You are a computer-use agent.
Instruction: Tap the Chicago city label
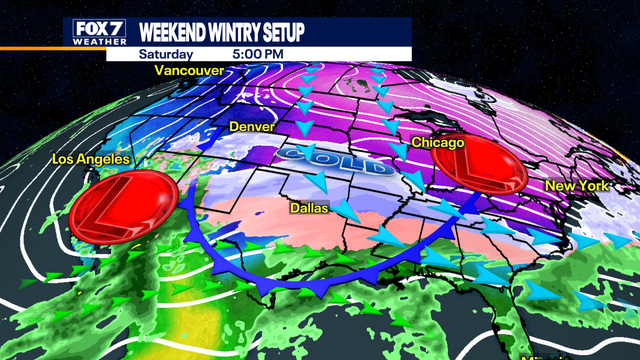coord(438,143)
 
